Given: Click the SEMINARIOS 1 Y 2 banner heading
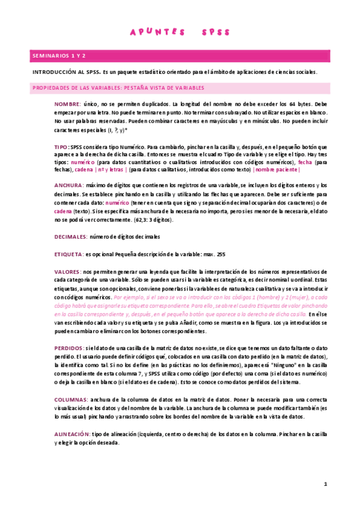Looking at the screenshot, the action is click(59, 55).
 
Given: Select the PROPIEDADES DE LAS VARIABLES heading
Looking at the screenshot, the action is click(118, 88).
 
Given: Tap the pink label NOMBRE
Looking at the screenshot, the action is click(67, 104).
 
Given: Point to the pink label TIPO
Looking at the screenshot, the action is click(61, 147).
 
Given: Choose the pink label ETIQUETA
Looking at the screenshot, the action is click(69, 254).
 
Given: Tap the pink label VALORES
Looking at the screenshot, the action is click(67, 272).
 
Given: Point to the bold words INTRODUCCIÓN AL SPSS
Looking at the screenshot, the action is click(66, 72).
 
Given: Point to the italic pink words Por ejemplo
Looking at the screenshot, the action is click(128, 298).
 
